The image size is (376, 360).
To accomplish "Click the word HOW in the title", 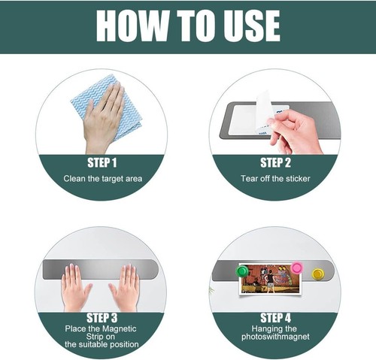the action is pyautogui.click(x=132, y=26).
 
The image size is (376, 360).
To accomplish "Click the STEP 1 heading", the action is pyautogui.click(x=102, y=163).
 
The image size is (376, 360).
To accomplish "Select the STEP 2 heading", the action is pyautogui.click(x=275, y=163).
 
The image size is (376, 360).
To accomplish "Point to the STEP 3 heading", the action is pyautogui.click(x=102, y=318).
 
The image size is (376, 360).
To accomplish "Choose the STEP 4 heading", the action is pyautogui.click(x=275, y=318).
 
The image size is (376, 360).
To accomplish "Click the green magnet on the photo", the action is pyautogui.click(x=242, y=271).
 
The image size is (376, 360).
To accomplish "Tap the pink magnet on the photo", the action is pyautogui.click(x=297, y=267).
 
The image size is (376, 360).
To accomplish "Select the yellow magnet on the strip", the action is pyautogui.click(x=318, y=274).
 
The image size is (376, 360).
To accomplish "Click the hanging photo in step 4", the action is pyautogui.click(x=270, y=279).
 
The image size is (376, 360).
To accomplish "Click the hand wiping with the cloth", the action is pyautogui.click(x=104, y=118).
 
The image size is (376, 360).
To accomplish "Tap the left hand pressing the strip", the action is pyautogui.click(x=75, y=288).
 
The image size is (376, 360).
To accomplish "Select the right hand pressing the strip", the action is pyautogui.click(x=126, y=288).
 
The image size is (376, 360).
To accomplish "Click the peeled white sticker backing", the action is pyautogui.click(x=264, y=110).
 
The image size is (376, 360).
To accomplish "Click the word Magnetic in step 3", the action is pyautogui.click(x=120, y=328).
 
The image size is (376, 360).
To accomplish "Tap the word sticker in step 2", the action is pyautogui.click(x=298, y=178).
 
